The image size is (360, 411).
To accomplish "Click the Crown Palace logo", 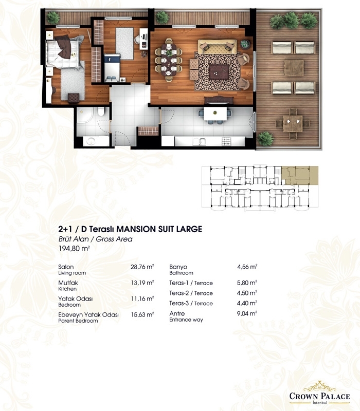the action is point(319,393).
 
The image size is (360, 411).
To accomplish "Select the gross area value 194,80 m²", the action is point(74,248).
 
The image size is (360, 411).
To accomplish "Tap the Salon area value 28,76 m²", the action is point(142,267).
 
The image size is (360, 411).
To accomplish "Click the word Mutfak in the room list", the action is point(68,283).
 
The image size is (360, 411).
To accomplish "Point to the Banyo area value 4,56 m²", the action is point(247,267).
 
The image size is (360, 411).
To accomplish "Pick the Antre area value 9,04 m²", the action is point(247,313).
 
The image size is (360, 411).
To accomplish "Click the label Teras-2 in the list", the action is point(178,293).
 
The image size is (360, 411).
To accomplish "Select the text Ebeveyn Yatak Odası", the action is point(88,314).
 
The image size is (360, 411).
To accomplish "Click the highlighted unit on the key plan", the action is point(300,175).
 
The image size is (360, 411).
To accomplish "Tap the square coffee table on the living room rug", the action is point(219,72).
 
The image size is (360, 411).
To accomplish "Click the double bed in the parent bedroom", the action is point(63,52).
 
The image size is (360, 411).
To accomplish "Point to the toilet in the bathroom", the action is point(101,111).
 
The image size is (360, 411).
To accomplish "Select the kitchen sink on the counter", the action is point(199,142).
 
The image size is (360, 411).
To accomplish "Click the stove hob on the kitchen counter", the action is point(226,142).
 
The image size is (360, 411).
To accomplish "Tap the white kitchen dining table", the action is point(215,114).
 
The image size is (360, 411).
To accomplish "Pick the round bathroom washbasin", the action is point(92,141).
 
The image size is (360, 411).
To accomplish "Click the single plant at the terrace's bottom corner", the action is point(265,139).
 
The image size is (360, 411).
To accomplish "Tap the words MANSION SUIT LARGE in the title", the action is point(159,229).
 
